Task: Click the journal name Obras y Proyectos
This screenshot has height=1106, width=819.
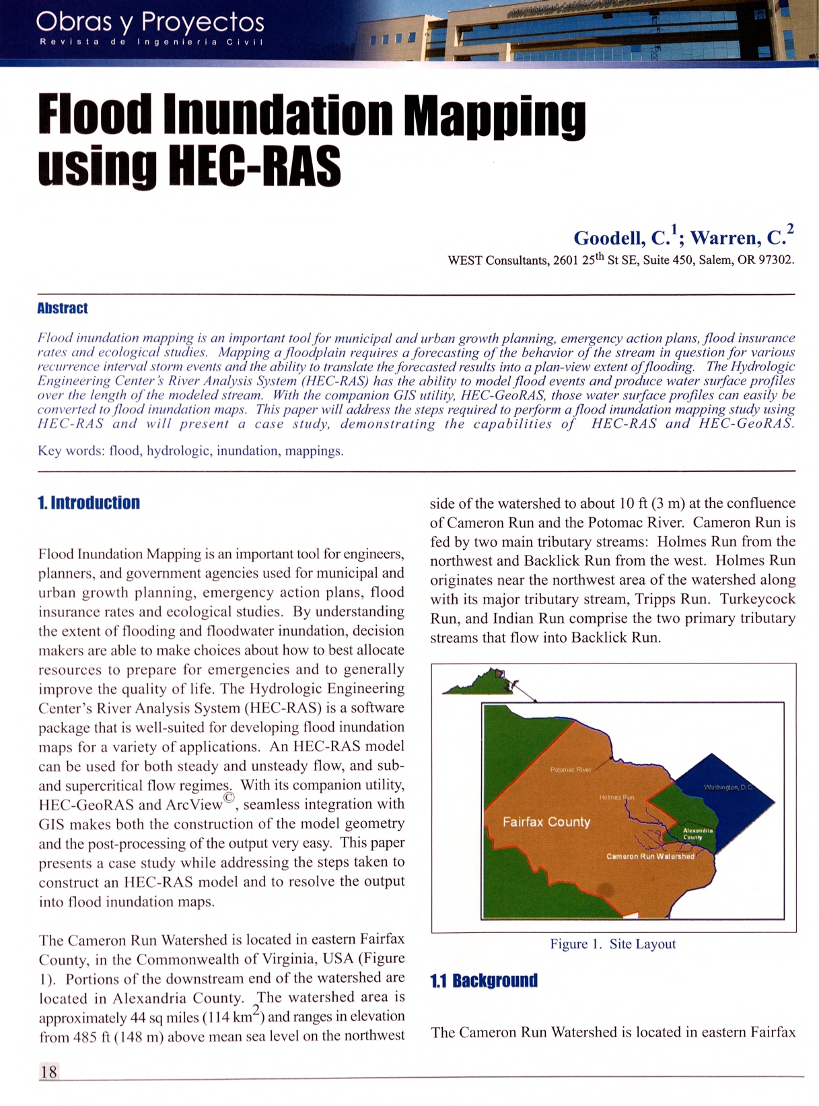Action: tap(149, 22)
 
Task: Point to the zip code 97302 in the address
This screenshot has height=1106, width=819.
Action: tap(775, 260)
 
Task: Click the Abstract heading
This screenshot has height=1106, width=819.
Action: tap(63, 308)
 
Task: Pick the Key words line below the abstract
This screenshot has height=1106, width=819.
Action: tap(190, 451)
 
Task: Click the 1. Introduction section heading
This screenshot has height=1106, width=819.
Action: tap(89, 502)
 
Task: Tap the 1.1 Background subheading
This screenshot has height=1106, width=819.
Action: tap(484, 980)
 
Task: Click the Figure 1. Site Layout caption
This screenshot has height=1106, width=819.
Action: tap(612, 944)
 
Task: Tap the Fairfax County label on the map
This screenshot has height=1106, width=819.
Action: tap(546, 822)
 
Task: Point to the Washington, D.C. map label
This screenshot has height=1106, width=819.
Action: tap(728, 787)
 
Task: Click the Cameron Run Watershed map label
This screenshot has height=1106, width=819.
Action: tap(649, 856)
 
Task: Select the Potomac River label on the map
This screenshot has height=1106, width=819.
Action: tap(570, 769)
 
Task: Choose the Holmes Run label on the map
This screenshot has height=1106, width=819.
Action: tap(616, 797)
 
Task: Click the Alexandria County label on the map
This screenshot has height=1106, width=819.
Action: tap(697, 834)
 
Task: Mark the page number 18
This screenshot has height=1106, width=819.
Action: tap(49, 1071)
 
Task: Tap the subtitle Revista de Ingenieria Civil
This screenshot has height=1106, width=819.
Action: tap(151, 42)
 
